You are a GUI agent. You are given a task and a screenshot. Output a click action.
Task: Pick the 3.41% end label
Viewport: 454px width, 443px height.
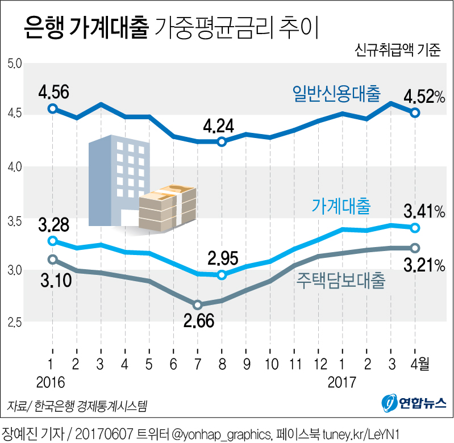coord(424,212)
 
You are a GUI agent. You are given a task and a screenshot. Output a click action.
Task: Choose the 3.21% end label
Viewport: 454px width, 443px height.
coord(424,265)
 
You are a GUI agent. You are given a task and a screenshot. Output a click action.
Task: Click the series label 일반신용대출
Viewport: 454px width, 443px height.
coord(336,93)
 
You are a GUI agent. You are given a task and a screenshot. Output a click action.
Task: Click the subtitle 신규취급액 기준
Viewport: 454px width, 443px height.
coord(397,50)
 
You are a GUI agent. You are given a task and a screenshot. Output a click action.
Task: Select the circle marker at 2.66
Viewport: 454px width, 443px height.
coord(198,305)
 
